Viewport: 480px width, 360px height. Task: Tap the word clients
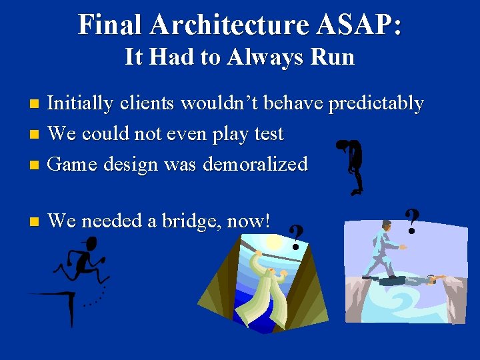click(152, 103)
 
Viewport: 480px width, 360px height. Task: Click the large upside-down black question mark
click(351, 167)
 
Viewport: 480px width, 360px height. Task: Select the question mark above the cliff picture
click(413, 221)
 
